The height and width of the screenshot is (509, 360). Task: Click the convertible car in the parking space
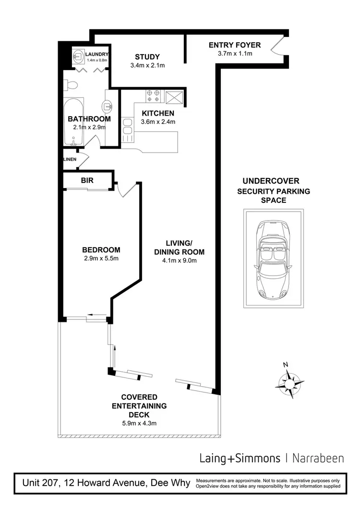pyautogui.click(x=272, y=260)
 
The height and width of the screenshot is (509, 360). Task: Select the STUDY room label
pyautogui.click(x=147, y=57)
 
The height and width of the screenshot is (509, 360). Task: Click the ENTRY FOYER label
pyautogui.click(x=235, y=45)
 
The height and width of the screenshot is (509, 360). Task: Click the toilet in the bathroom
pyautogui.click(x=72, y=85)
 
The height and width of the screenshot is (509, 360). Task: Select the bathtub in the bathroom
pyautogui.click(x=74, y=121)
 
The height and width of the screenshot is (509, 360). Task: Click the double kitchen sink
pyautogui.click(x=127, y=129)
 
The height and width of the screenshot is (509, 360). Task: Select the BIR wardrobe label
pyautogui.click(x=87, y=180)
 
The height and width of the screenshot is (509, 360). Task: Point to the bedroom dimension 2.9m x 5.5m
pyautogui.click(x=101, y=259)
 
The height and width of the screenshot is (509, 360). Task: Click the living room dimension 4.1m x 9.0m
pyautogui.click(x=179, y=260)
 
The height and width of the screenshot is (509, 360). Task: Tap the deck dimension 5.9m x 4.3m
pyautogui.click(x=139, y=423)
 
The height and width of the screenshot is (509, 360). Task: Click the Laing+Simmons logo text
pyautogui.click(x=240, y=458)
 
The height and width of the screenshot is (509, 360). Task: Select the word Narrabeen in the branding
pyautogui.click(x=318, y=458)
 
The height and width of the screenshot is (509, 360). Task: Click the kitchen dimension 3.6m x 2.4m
pyautogui.click(x=158, y=121)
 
